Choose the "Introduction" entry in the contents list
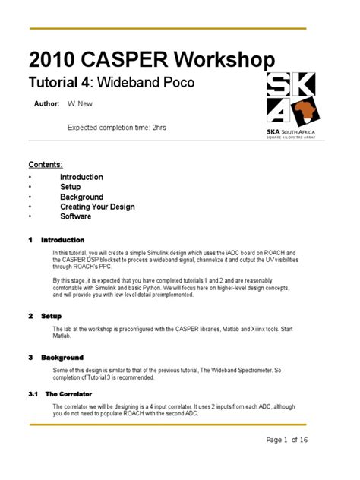coord(81,177)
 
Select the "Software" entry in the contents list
coord(75,216)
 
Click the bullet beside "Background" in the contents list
coord(30,197)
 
